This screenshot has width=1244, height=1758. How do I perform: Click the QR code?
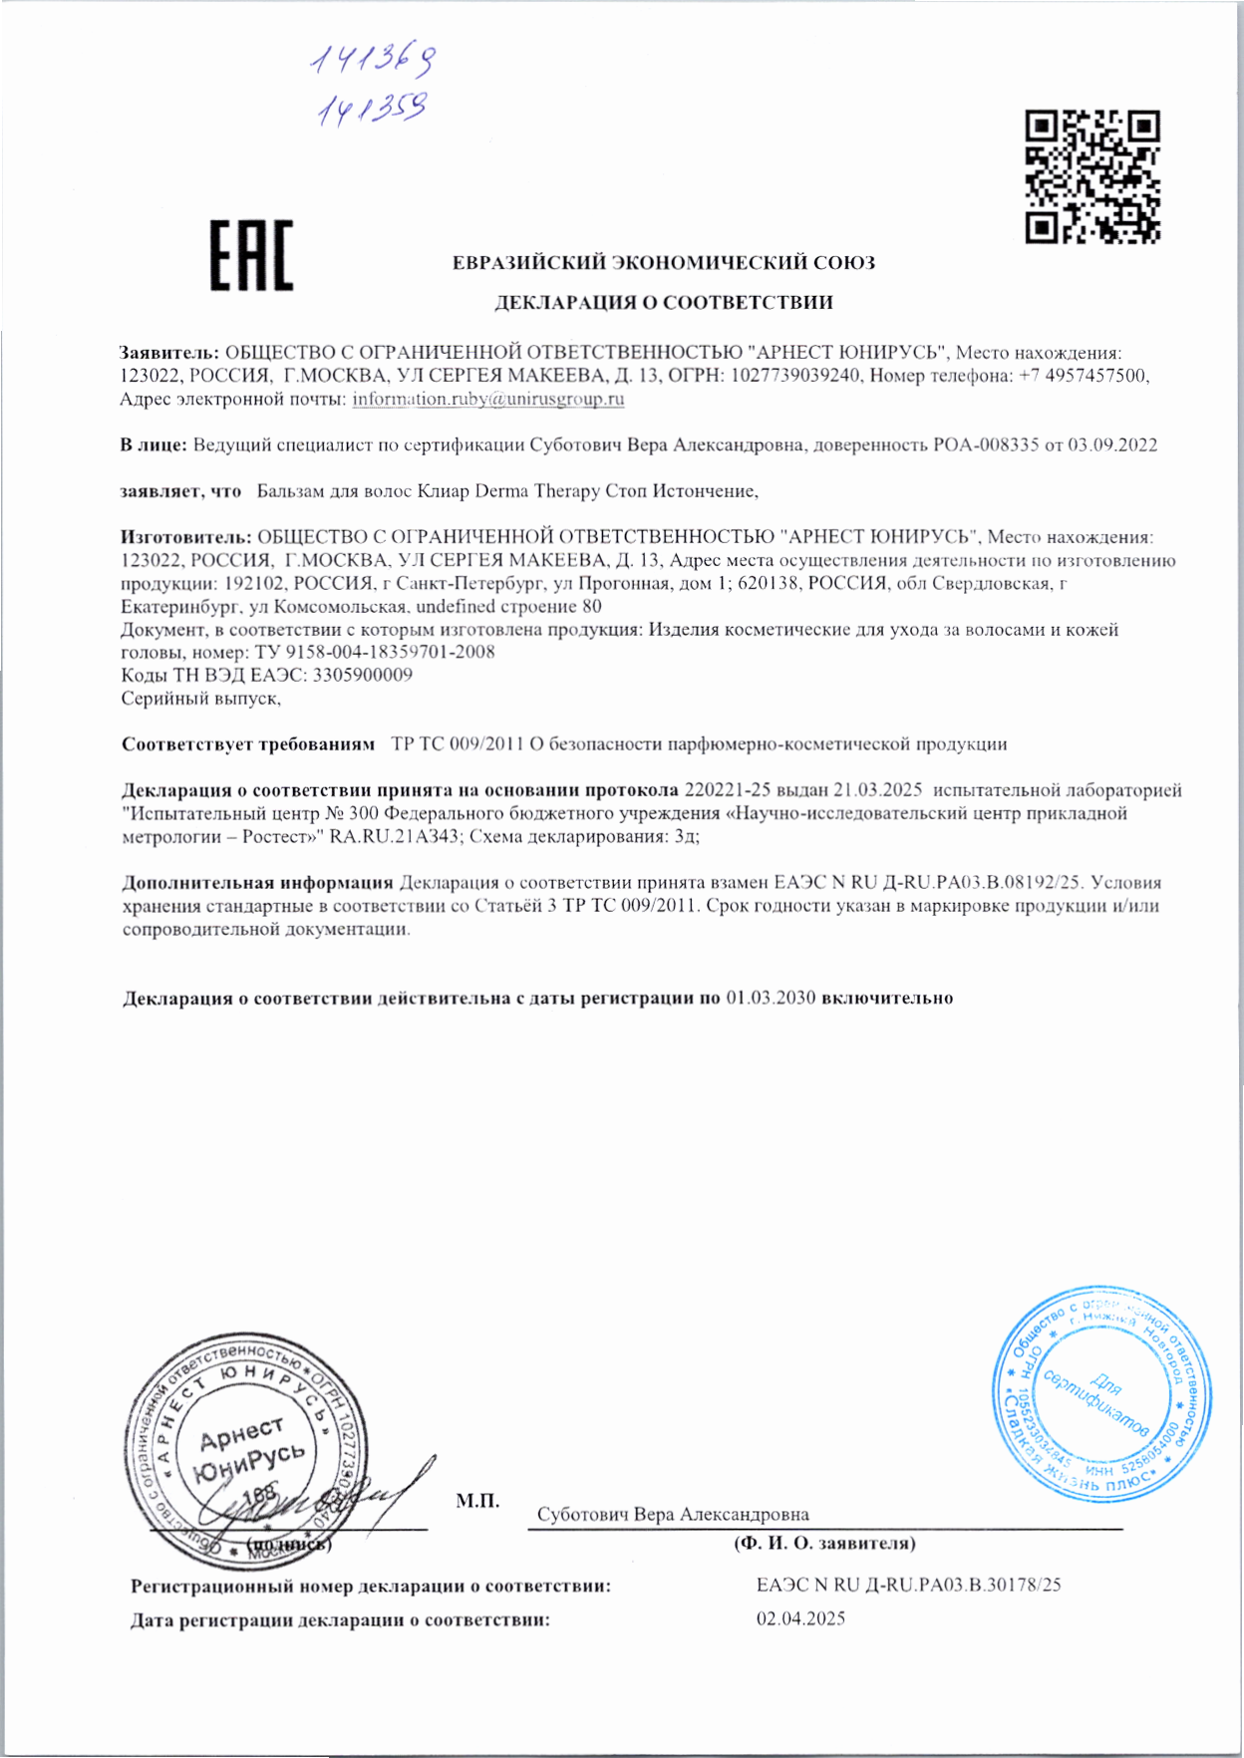pyautogui.click(x=1092, y=177)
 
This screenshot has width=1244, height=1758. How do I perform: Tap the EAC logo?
pyautogui.click(x=251, y=256)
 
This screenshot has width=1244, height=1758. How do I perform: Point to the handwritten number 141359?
pyautogui.click(x=372, y=109)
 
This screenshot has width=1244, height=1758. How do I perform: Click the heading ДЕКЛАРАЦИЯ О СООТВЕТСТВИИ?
pyautogui.click(x=664, y=303)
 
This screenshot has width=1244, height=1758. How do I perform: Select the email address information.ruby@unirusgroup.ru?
pyautogui.click(x=488, y=400)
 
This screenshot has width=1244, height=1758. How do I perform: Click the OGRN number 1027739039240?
pyautogui.click(x=794, y=377)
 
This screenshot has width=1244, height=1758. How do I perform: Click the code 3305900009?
pyautogui.click(x=363, y=676)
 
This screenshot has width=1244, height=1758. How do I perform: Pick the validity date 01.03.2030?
pyautogui.click(x=771, y=999)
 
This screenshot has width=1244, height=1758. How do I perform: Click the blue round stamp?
pyautogui.click(x=1101, y=1394)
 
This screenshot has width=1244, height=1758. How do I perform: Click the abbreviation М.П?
pyautogui.click(x=477, y=1501)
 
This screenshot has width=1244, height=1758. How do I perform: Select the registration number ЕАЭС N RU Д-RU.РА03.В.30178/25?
pyautogui.click(x=908, y=1586)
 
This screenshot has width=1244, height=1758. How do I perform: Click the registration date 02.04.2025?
pyautogui.click(x=800, y=1619)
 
